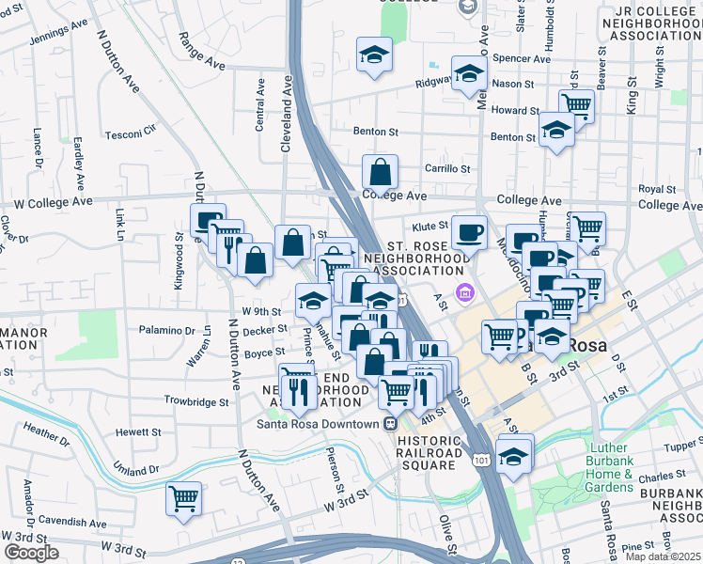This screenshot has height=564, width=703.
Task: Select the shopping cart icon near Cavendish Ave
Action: coord(183,498)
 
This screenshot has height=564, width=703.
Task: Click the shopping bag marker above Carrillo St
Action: coord(380,172)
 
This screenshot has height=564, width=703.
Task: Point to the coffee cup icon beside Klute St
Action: coord(469,231)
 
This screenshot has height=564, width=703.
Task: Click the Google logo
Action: coord(30,553)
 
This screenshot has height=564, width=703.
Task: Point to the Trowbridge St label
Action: coord(197,402)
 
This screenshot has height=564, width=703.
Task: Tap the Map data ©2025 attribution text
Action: coord(662,556)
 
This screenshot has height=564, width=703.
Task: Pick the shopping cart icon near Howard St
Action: coord(576,106)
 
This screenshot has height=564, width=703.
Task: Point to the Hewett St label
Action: coord(138,432)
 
